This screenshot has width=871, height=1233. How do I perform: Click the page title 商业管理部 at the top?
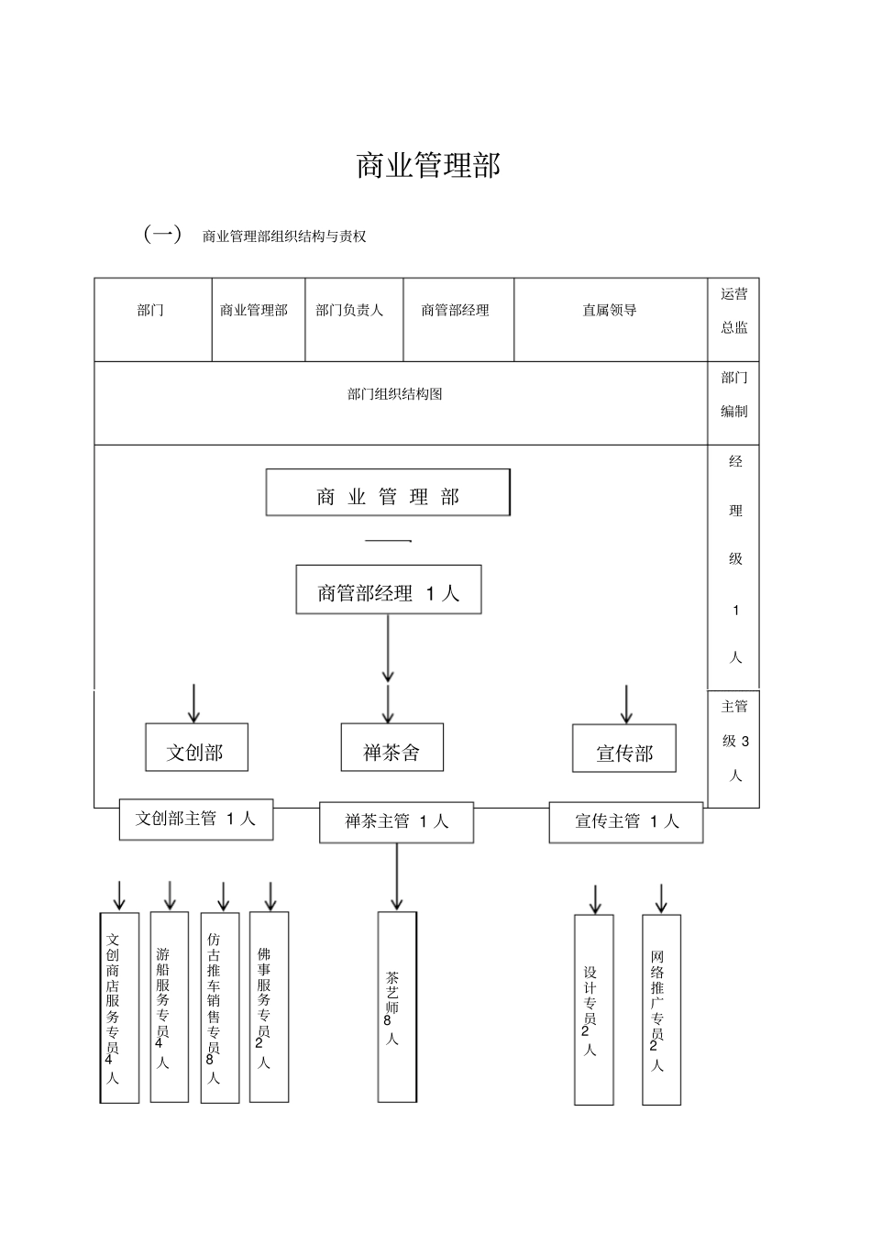coord(428,166)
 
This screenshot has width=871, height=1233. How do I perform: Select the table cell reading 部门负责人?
coord(349,311)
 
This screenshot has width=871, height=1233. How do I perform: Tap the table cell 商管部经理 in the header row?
coord(455,311)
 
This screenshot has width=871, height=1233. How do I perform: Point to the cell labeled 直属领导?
coord(609,311)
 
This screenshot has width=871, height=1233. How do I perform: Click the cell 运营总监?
coord(733,311)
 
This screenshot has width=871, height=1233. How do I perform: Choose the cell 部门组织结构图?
coord(395,394)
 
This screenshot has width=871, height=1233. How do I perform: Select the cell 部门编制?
coord(733,395)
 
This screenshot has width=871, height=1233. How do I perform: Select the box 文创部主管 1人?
coord(195,819)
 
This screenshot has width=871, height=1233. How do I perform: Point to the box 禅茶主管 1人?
coord(396,821)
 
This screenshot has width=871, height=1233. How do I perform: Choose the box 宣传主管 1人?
coord(626,821)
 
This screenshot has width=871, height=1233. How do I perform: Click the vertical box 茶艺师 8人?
coord(396,1007)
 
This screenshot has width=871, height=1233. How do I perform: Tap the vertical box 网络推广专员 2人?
coord(660,1009)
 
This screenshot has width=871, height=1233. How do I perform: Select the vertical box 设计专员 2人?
coord(593,1009)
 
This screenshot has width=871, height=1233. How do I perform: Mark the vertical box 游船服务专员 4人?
coord(169,1007)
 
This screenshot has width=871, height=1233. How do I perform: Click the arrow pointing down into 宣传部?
coord(626,704)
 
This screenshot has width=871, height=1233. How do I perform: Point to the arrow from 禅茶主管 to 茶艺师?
coord(397,876)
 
